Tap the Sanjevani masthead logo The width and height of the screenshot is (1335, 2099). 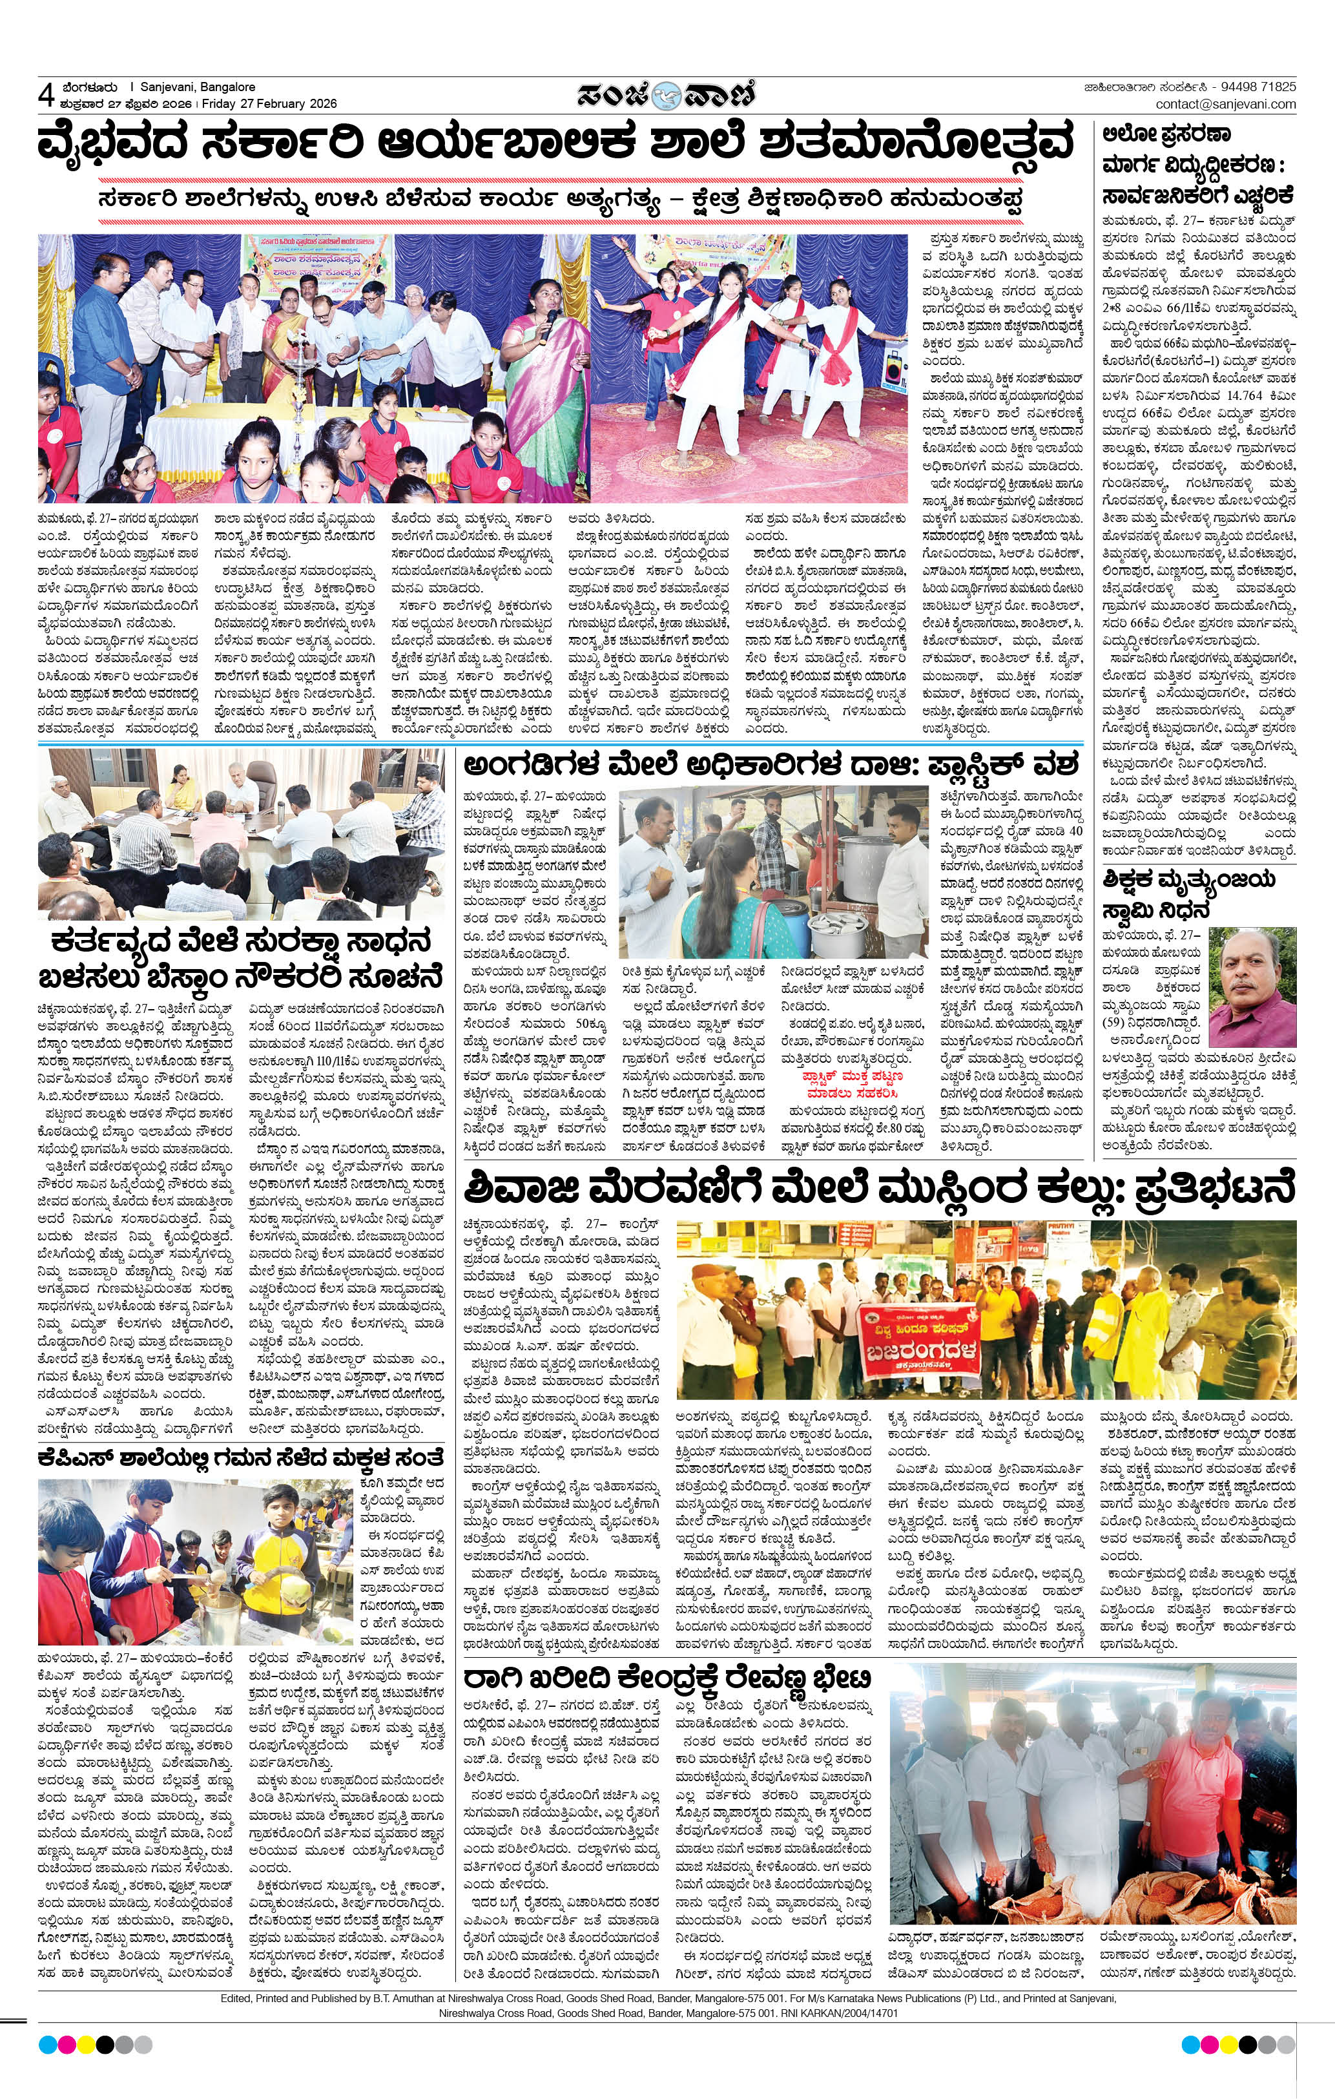click(667, 94)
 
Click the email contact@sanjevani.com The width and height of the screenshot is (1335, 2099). click(1225, 104)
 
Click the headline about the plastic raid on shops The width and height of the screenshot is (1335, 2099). click(771, 766)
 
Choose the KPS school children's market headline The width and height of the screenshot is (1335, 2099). click(240, 1456)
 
